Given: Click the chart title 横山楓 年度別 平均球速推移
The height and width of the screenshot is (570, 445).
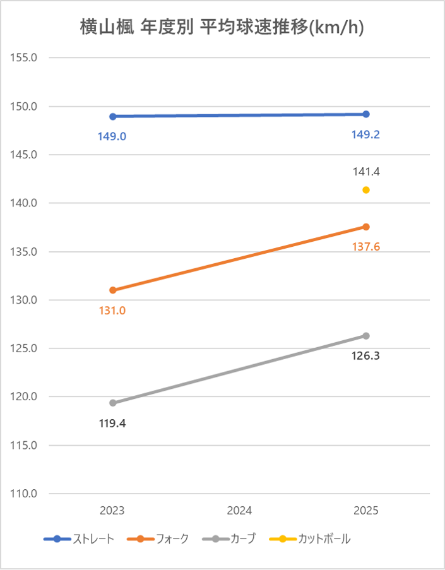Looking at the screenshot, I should pyautogui.click(x=222, y=28).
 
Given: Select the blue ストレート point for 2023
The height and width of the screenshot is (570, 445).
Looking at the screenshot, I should pyautogui.click(x=113, y=117).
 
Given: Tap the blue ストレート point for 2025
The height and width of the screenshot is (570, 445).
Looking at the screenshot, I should pyautogui.click(x=366, y=114).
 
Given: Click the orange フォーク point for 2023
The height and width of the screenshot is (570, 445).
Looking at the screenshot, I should pyautogui.click(x=113, y=290).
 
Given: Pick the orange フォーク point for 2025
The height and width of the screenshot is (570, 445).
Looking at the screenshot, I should pyautogui.click(x=366, y=227).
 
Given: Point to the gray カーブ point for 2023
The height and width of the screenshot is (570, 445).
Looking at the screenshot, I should pyautogui.click(x=113, y=403).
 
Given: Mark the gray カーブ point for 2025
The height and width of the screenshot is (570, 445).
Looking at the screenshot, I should pyautogui.click(x=366, y=336).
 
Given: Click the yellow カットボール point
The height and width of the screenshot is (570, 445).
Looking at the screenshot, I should pyautogui.click(x=366, y=190).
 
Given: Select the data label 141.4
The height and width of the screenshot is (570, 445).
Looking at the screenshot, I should pyautogui.click(x=366, y=171).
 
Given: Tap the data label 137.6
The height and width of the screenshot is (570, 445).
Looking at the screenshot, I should pyautogui.click(x=366, y=247).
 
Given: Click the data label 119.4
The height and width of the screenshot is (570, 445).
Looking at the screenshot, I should pyautogui.click(x=112, y=424).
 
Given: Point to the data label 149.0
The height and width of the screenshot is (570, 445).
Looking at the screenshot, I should pyautogui.click(x=112, y=136).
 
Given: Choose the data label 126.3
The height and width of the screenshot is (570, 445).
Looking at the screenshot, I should pyautogui.click(x=366, y=356).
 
